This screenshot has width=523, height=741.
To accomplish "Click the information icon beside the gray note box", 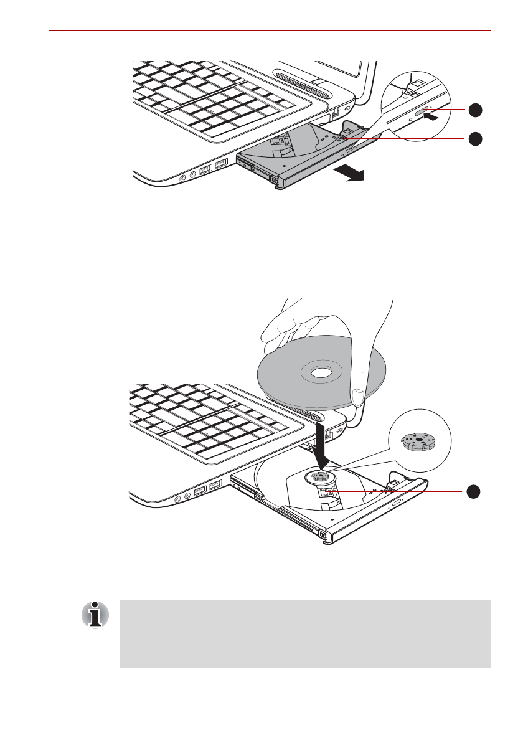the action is tap(95, 615).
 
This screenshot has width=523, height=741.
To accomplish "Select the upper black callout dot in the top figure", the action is tap(475, 110).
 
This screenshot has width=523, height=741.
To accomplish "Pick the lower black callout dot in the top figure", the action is tap(475, 138).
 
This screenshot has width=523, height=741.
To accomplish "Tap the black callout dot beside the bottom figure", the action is tap(475, 491).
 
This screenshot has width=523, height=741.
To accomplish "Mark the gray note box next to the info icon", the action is tap(305, 634).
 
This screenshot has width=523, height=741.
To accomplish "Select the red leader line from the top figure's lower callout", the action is tap(405, 138).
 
